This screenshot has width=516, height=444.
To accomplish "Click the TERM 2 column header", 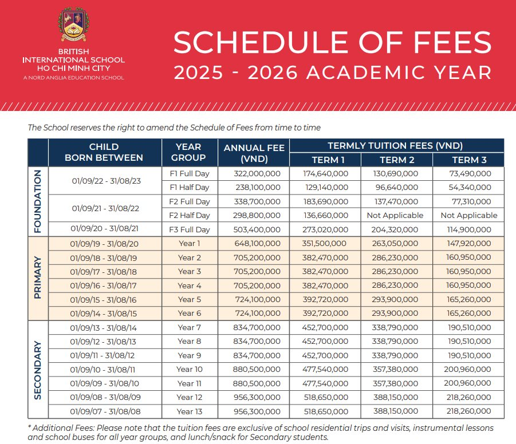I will point(397,160).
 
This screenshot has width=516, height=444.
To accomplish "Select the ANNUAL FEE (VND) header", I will point(254,153).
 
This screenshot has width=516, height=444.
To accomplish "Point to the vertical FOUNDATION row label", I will point(38,201).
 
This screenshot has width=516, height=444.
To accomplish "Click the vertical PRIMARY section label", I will point(38,278).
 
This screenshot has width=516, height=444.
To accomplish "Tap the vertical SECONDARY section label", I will point(38,370).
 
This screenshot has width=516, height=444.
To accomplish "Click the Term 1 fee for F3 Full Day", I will point(325,229).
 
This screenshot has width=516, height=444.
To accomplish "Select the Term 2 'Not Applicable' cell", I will point(397,216).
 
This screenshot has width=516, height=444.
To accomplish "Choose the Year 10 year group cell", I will point(190,369).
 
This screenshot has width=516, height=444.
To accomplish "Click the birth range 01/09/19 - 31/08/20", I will point(105,244).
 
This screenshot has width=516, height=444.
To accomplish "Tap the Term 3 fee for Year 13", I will point(468,411).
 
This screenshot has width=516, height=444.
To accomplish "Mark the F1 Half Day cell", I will point(190,187).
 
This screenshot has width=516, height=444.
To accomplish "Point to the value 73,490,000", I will point(468,173).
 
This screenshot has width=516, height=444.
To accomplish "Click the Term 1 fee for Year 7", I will point(325,327).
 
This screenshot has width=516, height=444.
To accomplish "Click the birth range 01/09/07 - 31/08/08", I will point(105,411).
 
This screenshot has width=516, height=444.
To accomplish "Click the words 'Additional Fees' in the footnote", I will point(61,428).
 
